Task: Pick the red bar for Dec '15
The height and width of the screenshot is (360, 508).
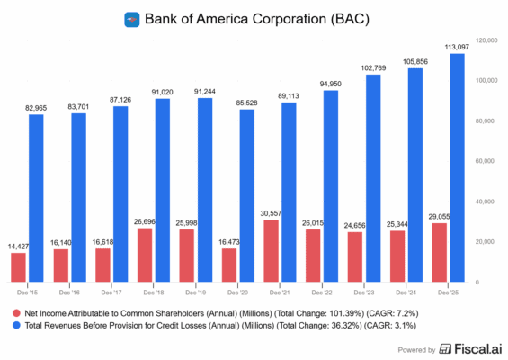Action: point(18,267)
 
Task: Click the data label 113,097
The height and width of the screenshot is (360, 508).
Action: point(456,47)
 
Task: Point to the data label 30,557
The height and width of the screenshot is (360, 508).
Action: point(271,212)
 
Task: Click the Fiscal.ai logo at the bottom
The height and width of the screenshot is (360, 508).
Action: point(469,346)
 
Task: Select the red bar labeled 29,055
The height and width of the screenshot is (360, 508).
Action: point(439,253)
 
